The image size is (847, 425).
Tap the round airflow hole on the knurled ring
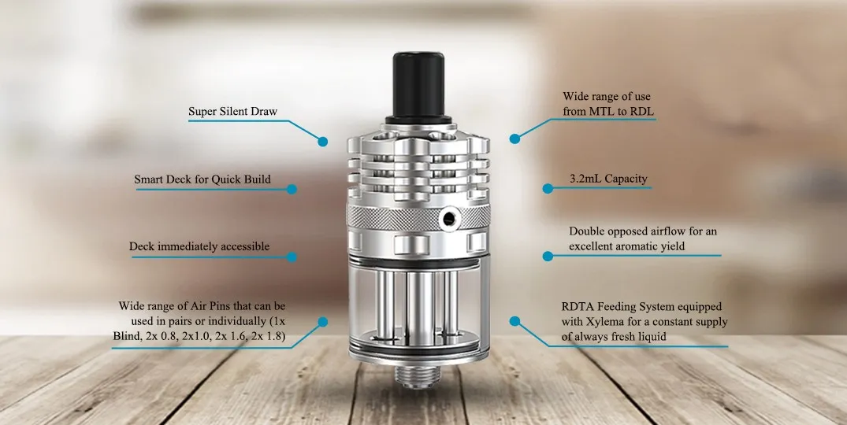coord(448,219)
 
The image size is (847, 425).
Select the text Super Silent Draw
coord(232,112)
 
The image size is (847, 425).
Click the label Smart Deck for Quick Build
coord(202,179)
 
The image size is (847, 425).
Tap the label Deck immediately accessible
coord(199,246)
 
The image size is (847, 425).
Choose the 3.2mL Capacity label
coord(608,179)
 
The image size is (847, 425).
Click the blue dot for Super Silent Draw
coord(322,142)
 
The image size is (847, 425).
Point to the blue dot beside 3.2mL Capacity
coord(548,188)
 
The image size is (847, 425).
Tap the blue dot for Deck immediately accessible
coord(292,257)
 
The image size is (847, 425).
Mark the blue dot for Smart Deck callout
coord(292,190)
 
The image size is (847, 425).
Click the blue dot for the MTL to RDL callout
coord(515,139)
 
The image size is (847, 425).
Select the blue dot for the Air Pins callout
coord(322,322)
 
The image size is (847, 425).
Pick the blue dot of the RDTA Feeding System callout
coord(515,321)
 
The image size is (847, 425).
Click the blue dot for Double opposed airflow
coord(548,257)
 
